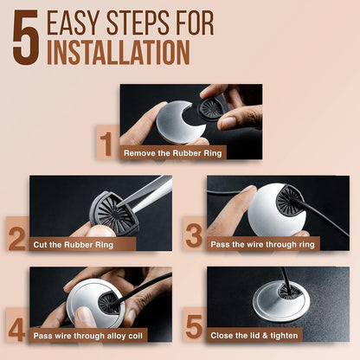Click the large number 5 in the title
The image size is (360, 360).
tap(26, 37)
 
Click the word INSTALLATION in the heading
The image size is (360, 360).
tap(119, 52)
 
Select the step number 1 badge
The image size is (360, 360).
tap(108, 142)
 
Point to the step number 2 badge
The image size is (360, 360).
tap(18, 234)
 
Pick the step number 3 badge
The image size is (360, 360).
tap(195, 234)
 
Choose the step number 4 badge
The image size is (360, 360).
tap(18, 325)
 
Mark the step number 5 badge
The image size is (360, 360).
tap(195, 325)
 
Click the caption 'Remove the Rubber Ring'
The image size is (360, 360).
tap(173, 153)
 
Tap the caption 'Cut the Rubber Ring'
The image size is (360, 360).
tap(74, 245)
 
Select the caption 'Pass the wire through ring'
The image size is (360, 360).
tap(262, 245)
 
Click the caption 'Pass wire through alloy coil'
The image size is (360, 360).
tap(88, 336)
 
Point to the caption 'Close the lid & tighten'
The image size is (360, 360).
tap(254, 336)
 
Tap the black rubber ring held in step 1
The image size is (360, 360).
tap(211, 108)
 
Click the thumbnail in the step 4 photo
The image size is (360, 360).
tap(84, 314)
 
